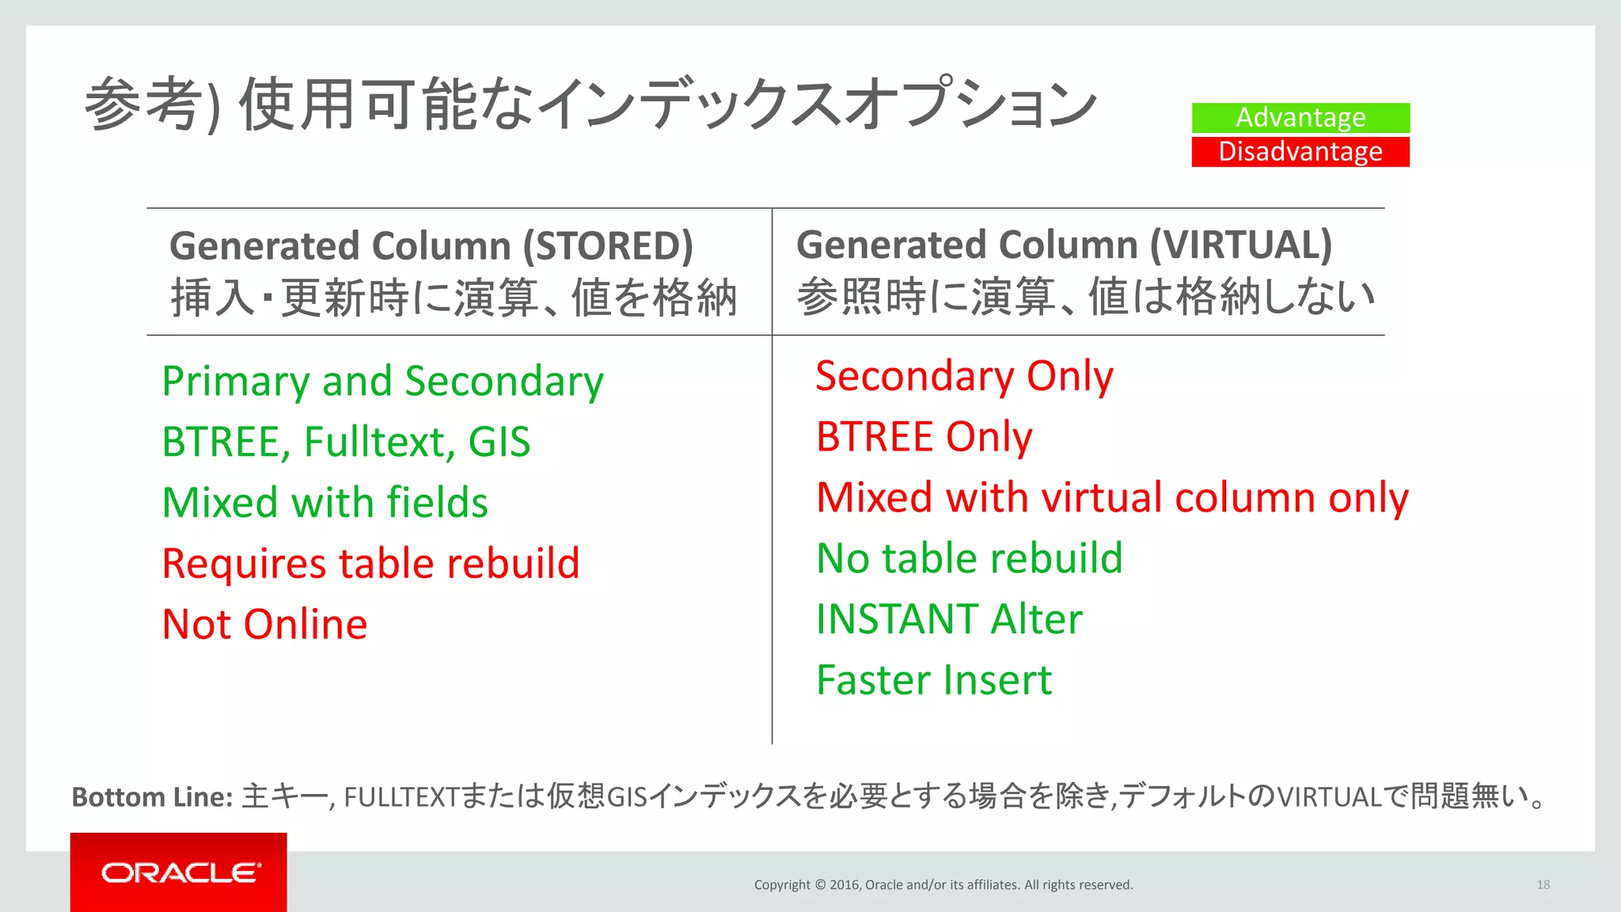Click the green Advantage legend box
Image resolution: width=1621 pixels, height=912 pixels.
(x=1300, y=118)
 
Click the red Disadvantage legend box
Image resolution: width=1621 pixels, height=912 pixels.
(x=1300, y=152)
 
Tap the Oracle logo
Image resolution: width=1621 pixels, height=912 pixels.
(x=180, y=872)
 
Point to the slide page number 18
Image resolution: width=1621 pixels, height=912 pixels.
(x=1543, y=885)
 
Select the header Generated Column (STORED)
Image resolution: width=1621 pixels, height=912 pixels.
(x=431, y=246)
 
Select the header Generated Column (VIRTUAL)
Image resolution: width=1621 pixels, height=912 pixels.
(x=1064, y=245)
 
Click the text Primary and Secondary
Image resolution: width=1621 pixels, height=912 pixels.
(x=382, y=382)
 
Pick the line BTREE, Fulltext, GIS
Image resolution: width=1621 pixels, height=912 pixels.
(x=346, y=442)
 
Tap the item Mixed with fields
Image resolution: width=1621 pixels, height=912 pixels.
(x=325, y=503)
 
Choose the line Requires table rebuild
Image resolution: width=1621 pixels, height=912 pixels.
(x=370, y=564)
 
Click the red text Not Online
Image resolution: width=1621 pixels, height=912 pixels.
(x=264, y=625)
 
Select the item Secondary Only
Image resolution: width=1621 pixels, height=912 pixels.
(x=964, y=376)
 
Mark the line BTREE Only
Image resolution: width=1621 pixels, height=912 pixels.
(x=924, y=437)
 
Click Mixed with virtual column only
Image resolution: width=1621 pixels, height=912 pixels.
(x=1112, y=498)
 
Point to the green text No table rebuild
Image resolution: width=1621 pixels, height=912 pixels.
(x=969, y=559)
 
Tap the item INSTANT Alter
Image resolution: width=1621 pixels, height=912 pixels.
(x=948, y=619)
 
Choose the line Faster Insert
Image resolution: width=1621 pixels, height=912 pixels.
(x=934, y=680)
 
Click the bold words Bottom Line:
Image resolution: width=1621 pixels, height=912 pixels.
(x=152, y=797)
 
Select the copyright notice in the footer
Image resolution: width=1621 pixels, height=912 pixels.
(x=943, y=885)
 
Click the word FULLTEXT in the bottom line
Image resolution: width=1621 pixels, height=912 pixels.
(x=401, y=797)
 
